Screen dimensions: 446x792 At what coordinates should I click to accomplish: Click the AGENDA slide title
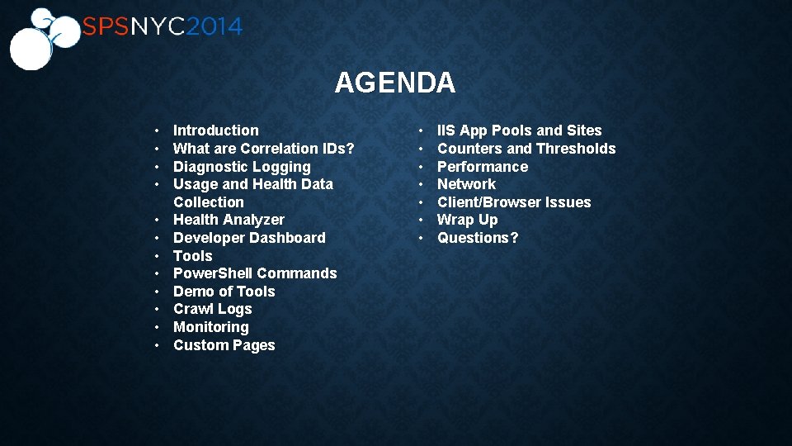pyautogui.click(x=394, y=83)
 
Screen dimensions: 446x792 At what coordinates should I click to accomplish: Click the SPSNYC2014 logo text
pyautogui.click(x=162, y=27)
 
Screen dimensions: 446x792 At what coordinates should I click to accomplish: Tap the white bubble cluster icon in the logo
pyautogui.click(x=38, y=39)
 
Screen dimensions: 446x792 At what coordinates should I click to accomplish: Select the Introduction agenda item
pyautogui.click(x=215, y=130)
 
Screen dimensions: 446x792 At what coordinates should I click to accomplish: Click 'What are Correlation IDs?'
pyautogui.click(x=263, y=149)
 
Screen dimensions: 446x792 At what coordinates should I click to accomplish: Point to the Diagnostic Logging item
pyautogui.click(x=242, y=167)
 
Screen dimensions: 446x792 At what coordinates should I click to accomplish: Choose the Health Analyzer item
pyautogui.click(x=229, y=220)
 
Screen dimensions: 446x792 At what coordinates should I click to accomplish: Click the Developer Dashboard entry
pyautogui.click(x=249, y=238)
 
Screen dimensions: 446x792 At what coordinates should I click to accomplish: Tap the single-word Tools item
pyautogui.click(x=192, y=256)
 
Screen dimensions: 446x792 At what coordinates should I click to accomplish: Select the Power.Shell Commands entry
pyautogui.click(x=255, y=273)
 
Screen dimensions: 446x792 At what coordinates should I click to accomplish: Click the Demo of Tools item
pyautogui.click(x=224, y=292)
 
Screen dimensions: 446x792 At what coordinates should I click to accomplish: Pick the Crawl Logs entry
pyautogui.click(x=212, y=309)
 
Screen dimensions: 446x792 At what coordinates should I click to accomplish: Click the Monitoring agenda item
pyautogui.click(x=210, y=327)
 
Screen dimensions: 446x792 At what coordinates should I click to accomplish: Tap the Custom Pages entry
pyautogui.click(x=224, y=345)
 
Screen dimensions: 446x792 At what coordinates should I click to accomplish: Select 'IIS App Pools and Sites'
pyautogui.click(x=519, y=130)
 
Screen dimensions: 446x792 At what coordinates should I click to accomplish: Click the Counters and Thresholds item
pyautogui.click(x=526, y=149)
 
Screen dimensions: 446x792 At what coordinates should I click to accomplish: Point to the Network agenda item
pyautogui.click(x=466, y=184)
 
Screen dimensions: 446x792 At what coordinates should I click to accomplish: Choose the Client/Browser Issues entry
pyautogui.click(x=514, y=202)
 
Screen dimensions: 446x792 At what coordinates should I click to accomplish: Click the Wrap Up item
pyautogui.click(x=467, y=220)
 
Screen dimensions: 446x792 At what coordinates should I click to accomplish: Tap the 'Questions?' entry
pyautogui.click(x=478, y=238)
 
